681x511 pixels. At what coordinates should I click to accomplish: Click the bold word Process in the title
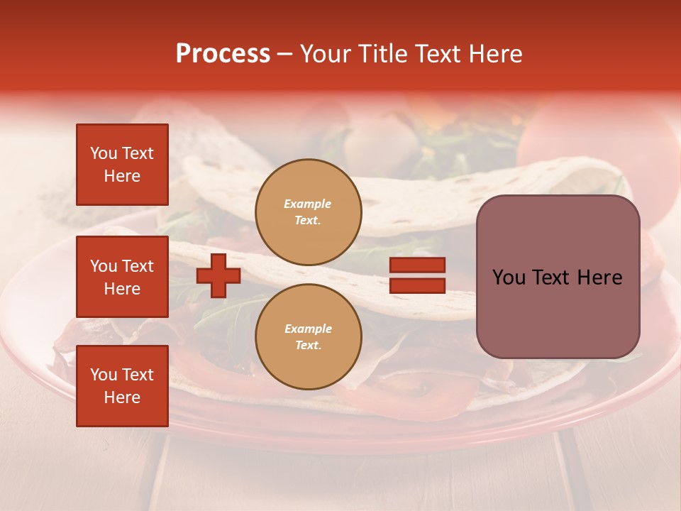tap(223, 54)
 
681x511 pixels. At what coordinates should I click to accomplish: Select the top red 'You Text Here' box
tap(122, 165)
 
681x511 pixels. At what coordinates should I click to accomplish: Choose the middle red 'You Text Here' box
tap(122, 277)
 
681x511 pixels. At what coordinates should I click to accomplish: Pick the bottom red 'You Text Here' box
tap(122, 386)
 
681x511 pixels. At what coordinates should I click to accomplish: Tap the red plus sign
tap(218, 275)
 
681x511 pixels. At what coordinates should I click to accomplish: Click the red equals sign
tap(417, 275)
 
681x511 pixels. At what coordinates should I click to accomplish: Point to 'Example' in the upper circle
tap(308, 204)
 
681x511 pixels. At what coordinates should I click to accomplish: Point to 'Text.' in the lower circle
tap(308, 345)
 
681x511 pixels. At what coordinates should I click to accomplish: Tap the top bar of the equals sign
tap(417, 265)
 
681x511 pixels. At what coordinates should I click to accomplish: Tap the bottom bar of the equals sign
tap(417, 285)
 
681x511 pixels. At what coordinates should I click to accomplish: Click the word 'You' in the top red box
tap(104, 153)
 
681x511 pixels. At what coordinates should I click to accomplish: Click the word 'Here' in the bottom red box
tap(122, 397)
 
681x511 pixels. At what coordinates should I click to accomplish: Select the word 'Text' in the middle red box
tap(137, 266)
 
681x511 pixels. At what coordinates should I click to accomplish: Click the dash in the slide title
tap(285, 54)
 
